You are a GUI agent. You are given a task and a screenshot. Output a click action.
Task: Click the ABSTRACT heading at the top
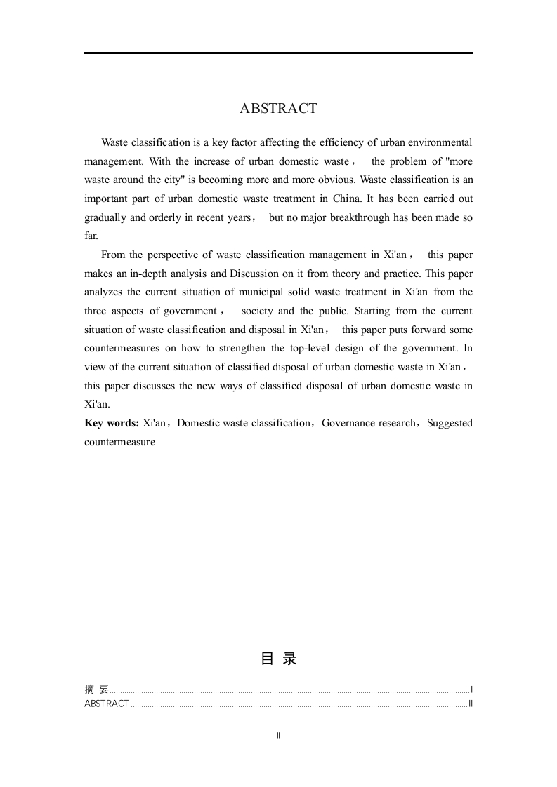coord(278,109)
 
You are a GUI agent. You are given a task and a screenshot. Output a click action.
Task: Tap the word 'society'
coord(257,311)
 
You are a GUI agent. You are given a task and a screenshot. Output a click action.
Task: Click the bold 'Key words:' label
coord(111,423)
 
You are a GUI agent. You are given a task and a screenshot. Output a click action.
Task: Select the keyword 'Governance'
coord(346,423)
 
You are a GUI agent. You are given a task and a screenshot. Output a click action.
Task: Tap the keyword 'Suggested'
coord(450,423)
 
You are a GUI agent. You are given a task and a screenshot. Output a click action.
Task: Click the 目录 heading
coord(278,659)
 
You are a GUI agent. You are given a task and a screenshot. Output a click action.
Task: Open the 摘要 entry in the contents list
coord(96,690)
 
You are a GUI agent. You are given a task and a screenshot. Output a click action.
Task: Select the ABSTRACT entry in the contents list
coord(106,704)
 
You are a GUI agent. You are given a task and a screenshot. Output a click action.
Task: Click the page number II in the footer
coord(279,735)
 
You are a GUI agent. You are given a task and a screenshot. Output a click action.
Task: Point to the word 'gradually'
coord(105,217)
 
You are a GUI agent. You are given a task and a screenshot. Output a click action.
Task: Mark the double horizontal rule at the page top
coord(278,53)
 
